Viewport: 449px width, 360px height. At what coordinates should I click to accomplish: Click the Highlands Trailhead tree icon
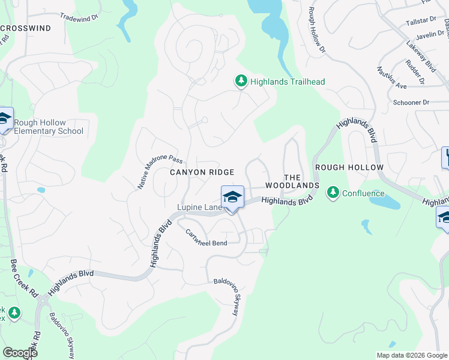click(241, 81)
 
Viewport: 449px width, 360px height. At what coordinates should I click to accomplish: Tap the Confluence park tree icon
click(333, 193)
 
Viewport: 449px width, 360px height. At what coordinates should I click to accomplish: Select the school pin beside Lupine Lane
click(232, 197)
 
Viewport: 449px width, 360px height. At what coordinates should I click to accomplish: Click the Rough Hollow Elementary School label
click(48, 127)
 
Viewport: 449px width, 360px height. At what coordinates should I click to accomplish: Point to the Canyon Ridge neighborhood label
click(201, 172)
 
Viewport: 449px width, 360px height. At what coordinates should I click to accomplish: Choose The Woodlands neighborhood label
click(292, 182)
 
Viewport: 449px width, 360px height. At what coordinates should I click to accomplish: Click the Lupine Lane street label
click(199, 208)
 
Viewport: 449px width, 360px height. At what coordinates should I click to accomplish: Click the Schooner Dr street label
click(411, 103)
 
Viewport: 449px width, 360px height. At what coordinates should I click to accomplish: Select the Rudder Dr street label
click(415, 71)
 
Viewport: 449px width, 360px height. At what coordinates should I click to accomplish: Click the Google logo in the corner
click(20, 353)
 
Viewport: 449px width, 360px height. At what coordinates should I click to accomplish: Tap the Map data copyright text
click(411, 355)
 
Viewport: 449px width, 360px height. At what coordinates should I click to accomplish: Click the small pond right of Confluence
click(384, 202)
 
